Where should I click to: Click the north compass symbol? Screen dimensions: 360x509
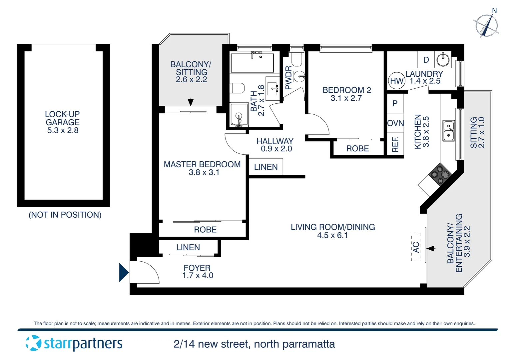pos(486,25)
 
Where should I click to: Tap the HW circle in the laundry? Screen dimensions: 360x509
pos(397,81)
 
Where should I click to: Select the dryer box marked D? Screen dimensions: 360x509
pos(426,60)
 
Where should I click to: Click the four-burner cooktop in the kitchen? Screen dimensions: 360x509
pos(440,174)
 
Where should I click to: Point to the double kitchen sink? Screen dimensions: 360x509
pos(448,131)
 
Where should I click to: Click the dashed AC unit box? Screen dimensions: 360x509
pos(416,247)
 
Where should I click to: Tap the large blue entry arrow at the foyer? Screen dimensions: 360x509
pos(124,272)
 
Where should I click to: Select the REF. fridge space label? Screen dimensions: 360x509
pos(395,144)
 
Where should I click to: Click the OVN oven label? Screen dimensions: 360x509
pos(395,123)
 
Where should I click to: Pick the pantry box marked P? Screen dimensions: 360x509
pos(395,103)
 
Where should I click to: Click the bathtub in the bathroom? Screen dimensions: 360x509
pos(252,62)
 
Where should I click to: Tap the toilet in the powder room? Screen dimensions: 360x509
pos(296,59)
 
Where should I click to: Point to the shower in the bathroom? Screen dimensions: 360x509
pos(239,115)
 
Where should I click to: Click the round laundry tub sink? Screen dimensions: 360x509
pos(443,60)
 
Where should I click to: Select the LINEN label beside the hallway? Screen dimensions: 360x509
pos(266,167)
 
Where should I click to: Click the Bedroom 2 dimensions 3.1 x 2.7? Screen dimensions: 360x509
pos(346,98)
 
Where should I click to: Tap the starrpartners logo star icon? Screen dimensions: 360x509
pos(33,343)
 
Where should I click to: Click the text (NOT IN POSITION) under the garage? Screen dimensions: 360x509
pos(65,215)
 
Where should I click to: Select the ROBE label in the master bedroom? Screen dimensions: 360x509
pos(205,230)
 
